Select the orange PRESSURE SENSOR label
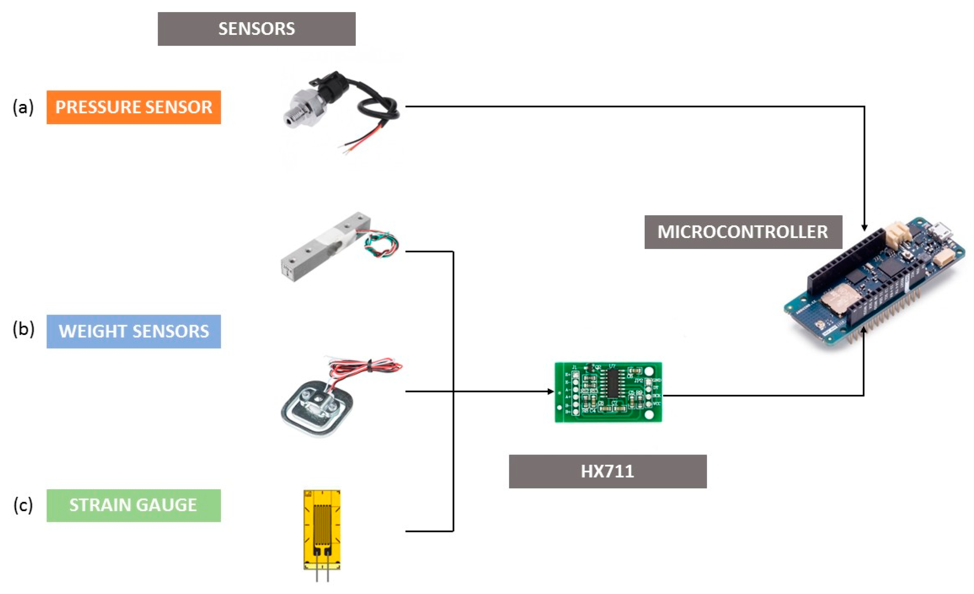(x=134, y=107)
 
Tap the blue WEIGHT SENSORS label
(x=134, y=331)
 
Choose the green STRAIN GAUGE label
(x=134, y=505)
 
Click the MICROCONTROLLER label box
(x=743, y=232)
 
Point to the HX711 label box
(x=608, y=471)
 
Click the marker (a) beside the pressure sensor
(x=23, y=107)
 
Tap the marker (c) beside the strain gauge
(x=23, y=505)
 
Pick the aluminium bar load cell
(x=324, y=247)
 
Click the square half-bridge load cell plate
(x=316, y=408)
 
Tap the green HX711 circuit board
(x=608, y=392)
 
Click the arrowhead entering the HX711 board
(x=551, y=392)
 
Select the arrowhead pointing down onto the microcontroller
(x=864, y=228)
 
